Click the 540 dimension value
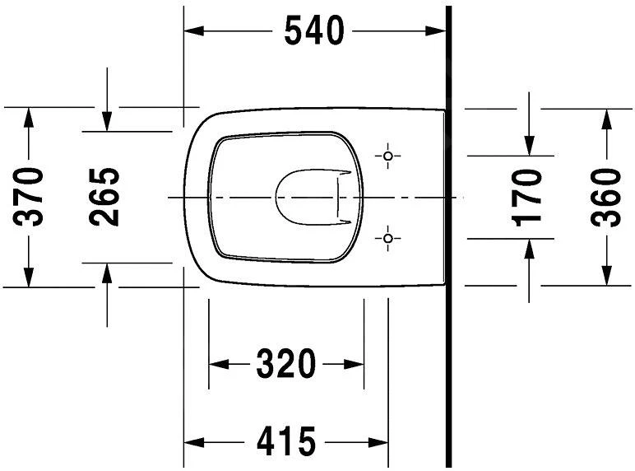[x=313, y=31]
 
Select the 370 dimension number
[x=30, y=197]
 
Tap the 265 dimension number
[x=104, y=197]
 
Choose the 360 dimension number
[x=606, y=197]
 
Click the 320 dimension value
[x=285, y=364]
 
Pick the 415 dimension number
[x=285, y=442]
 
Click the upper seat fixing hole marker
[x=389, y=156]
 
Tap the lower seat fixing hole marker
[x=389, y=239]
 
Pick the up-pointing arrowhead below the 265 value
[x=106, y=273]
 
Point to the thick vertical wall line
[x=449, y=329]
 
